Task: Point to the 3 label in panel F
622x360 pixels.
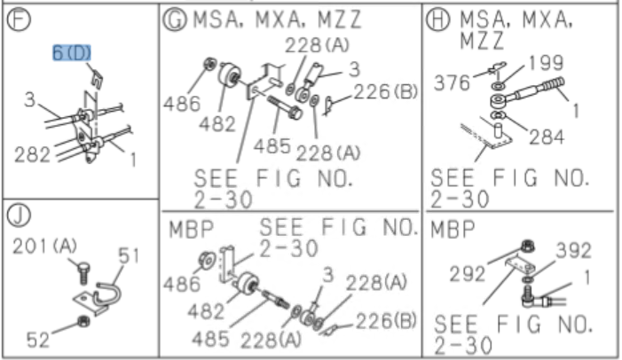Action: [29, 100]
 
